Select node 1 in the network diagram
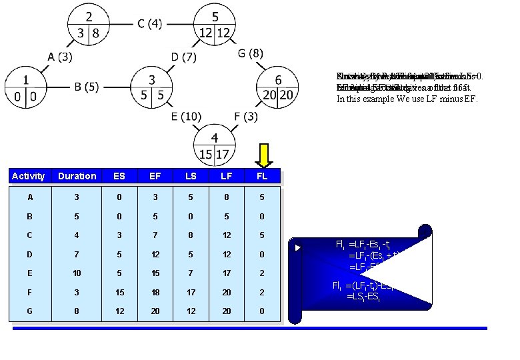26,87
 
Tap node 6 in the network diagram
278,87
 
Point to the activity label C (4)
149,25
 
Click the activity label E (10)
186,117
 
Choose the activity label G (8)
251,53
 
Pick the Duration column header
77,176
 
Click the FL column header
262,176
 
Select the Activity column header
29,176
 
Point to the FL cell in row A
262,197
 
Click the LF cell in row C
227,236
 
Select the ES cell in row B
119,217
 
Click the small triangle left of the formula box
298,248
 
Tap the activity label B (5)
87,87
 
